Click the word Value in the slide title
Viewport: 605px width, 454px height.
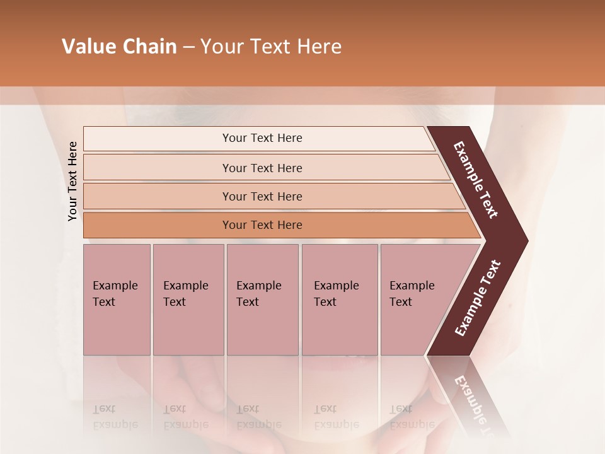click(x=88, y=47)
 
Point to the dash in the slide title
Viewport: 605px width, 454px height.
click(x=188, y=47)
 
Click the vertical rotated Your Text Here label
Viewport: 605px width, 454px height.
click(x=72, y=181)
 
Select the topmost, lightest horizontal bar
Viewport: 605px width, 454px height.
click(x=262, y=138)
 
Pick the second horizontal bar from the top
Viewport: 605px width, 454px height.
click(x=262, y=168)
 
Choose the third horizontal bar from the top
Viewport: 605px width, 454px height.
click(x=262, y=196)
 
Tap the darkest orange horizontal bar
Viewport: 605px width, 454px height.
click(x=262, y=225)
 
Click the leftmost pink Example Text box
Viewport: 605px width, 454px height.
click(x=117, y=300)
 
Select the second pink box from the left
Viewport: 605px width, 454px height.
click(x=188, y=300)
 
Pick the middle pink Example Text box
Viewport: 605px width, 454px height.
click(x=262, y=300)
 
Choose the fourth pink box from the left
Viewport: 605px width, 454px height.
click(x=339, y=300)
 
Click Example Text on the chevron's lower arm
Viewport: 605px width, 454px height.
click(x=477, y=298)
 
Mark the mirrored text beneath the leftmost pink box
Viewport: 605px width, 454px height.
click(x=115, y=417)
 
